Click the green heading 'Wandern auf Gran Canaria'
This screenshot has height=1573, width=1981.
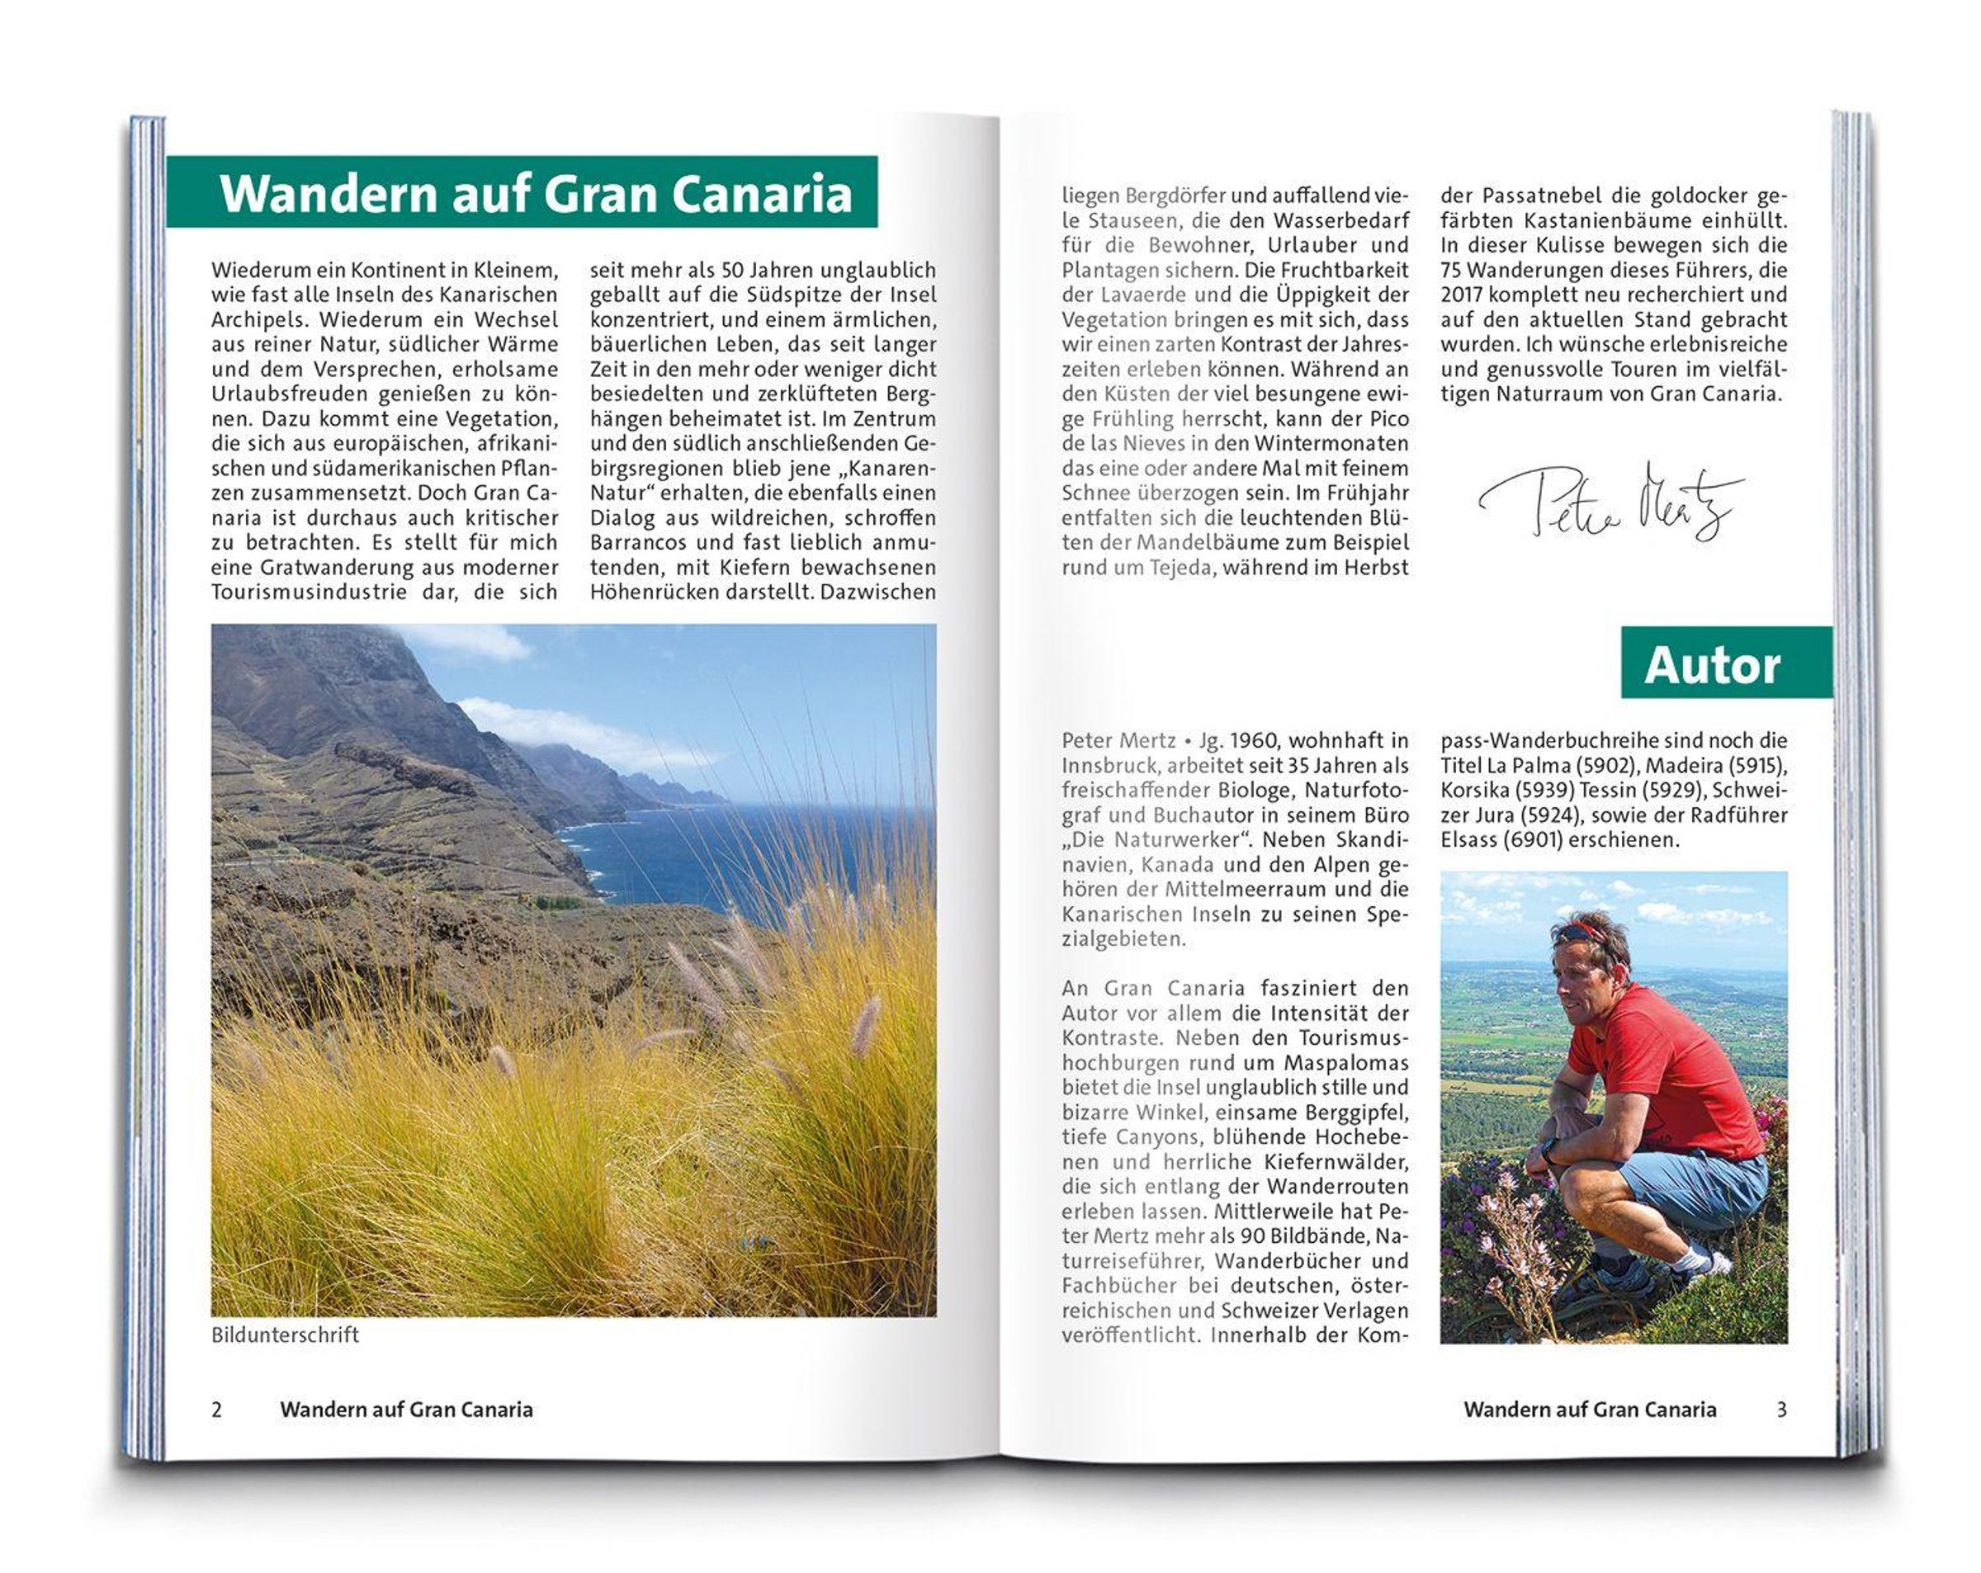(x=536, y=194)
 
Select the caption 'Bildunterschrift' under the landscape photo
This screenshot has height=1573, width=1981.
(x=285, y=1335)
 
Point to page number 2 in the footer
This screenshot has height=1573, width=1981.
(x=217, y=1410)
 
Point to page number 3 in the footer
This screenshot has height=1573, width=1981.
(x=1781, y=1410)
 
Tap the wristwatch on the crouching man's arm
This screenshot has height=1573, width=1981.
(x=1550, y=1149)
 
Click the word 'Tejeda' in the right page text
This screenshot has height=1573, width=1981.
(x=1180, y=568)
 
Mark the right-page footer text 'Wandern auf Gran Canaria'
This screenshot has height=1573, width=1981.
(x=1590, y=1410)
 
